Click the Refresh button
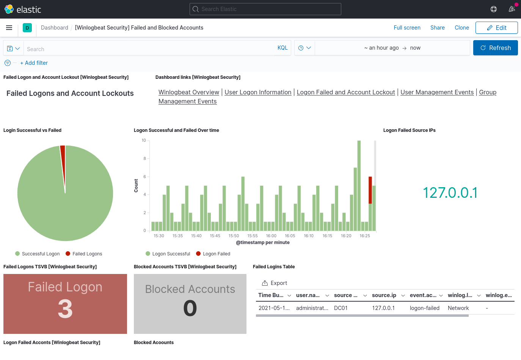tap(495, 48)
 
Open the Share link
tap(437, 28)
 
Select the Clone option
tap(461, 28)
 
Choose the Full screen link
tap(407, 28)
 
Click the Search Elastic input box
tap(265, 9)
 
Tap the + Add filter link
tap(34, 63)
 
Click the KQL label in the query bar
tap(282, 48)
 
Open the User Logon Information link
tap(258, 92)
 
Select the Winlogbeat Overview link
tap(189, 92)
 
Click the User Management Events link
tap(437, 92)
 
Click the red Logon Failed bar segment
tap(370, 190)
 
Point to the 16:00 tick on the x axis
tap(271, 236)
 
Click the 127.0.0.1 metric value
tap(450, 193)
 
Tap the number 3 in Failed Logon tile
tap(65, 309)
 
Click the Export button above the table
tap(275, 283)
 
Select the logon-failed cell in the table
tap(424, 308)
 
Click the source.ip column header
tap(384, 295)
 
